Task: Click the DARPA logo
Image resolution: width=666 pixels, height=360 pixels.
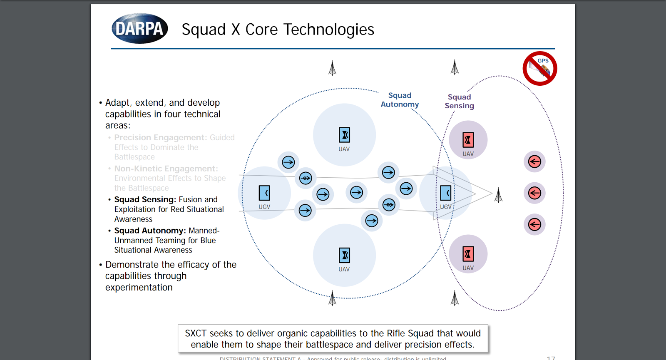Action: (x=140, y=28)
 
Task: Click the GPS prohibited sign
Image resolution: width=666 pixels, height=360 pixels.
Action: (x=540, y=69)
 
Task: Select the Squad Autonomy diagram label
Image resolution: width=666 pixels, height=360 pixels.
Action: (x=400, y=100)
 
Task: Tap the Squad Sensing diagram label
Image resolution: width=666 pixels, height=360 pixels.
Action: (x=459, y=101)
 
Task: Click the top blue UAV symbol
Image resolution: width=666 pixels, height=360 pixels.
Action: (x=344, y=135)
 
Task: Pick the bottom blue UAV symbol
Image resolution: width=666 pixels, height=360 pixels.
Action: (x=344, y=255)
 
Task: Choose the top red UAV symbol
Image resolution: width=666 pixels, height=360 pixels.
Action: (x=468, y=140)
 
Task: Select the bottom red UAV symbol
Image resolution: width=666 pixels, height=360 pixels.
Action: (x=468, y=254)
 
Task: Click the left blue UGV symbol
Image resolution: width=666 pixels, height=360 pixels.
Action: (x=264, y=193)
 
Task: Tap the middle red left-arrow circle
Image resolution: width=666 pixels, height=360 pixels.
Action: (x=534, y=193)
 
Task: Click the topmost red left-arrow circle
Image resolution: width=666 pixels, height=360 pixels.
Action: (x=534, y=161)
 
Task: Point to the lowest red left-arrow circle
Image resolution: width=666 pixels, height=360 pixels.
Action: (x=534, y=225)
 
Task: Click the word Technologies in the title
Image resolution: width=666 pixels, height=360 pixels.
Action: (x=329, y=30)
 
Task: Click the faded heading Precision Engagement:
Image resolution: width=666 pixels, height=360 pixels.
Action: (x=160, y=138)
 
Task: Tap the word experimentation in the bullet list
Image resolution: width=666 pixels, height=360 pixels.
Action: (x=139, y=288)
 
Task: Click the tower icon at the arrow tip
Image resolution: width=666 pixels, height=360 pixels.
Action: (x=498, y=195)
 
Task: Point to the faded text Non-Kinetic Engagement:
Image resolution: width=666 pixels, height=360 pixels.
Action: (x=166, y=169)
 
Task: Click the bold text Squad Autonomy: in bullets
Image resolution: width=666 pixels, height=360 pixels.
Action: (x=150, y=231)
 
